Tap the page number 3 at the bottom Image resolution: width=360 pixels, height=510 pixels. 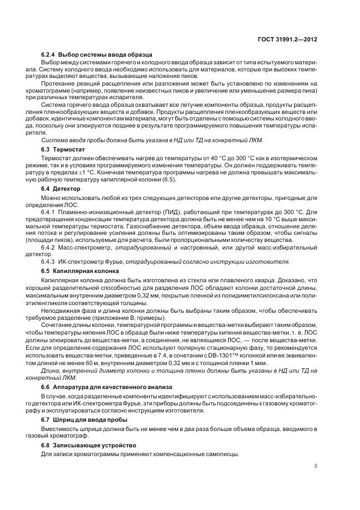(x=316, y=466)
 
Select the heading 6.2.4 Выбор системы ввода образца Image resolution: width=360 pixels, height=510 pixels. (x=96, y=55)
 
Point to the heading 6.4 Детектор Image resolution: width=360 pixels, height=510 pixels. (x=60, y=189)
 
